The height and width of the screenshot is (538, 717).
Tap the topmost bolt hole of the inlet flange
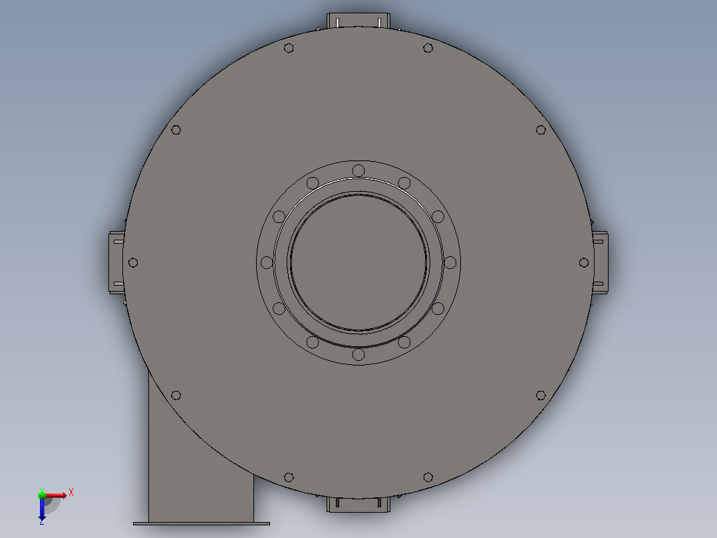click(x=358, y=170)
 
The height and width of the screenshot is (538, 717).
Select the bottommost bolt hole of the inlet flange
click(x=358, y=354)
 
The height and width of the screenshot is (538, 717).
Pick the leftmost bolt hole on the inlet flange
click(x=267, y=262)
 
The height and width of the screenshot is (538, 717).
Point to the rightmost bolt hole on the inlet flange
click(x=450, y=262)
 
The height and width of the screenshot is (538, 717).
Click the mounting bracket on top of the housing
click(x=358, y=21)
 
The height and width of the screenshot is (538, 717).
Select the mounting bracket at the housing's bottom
click(x=358, y=505)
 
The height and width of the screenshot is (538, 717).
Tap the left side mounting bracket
click(x=116, y=262)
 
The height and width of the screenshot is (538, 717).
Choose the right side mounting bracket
click(x=600, y=262)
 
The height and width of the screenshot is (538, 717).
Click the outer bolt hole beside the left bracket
click(x=132, y=262)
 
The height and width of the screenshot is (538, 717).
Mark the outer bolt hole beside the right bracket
click(x=584, y=262)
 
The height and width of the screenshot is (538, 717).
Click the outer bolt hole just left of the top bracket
click(x=289, y=48)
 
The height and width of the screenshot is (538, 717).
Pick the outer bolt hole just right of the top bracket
click(x=428, y=48)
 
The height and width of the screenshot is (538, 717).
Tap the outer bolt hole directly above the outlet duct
click(x=176, y=396)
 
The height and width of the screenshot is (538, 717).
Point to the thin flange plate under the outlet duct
click(x=202, y=523)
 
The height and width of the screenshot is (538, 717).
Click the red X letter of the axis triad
click(x=71, y=492)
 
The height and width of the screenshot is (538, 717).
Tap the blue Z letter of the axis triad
click(x=42, y=522)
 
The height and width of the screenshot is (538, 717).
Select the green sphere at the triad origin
click(x=43, y=495)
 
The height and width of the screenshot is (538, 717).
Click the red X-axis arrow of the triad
click(x=57, y=495)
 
